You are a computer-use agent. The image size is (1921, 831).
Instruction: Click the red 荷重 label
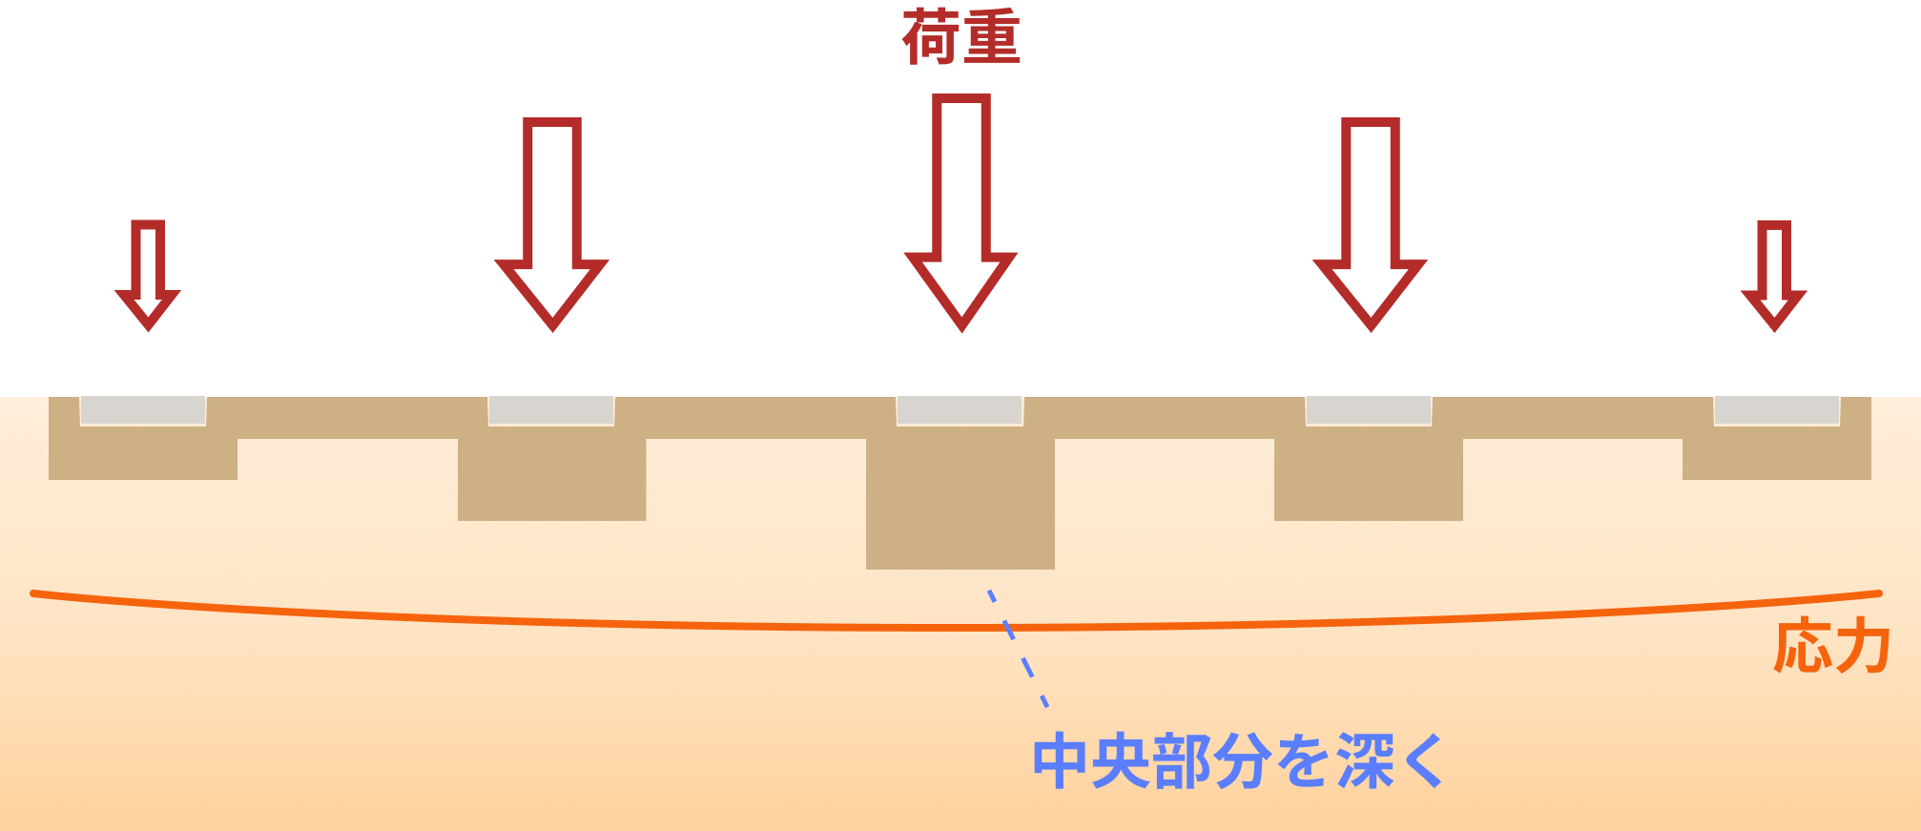click(x=961, y=38)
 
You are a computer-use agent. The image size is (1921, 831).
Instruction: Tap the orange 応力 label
click(x=1831, y=647)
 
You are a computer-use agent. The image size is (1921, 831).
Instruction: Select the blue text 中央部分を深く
click(x=1238, y=761)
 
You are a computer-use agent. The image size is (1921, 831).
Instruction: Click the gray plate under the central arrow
click(x=960, y=410)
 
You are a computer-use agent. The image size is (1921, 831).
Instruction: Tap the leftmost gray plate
click(x=143, y=410)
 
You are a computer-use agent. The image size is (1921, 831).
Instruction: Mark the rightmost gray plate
click(x=1776, y=410)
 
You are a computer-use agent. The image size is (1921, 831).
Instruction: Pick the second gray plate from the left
click(x=551, y=410)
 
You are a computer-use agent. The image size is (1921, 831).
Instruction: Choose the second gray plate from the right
click(x=1368, y=410)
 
